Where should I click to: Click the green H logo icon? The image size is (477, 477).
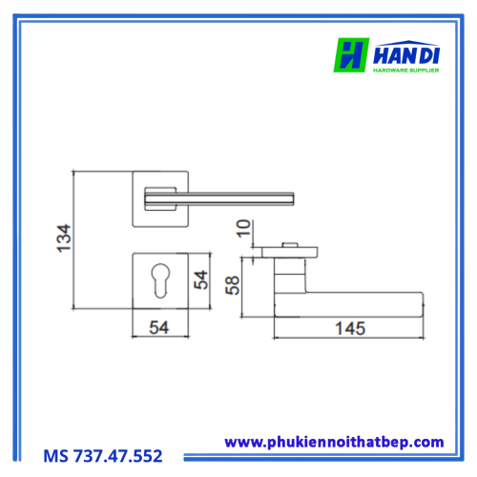point(351,55)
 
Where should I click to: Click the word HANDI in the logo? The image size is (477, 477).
point(406,55)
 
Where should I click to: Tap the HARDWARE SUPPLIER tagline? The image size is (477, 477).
point(406,71)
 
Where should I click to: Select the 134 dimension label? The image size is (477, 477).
point(63,238)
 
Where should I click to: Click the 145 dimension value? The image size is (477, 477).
point(350,328)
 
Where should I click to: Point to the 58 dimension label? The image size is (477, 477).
point(232,285)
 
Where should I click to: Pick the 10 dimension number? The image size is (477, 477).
point(243,228)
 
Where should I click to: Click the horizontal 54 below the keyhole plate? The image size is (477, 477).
point(158,327)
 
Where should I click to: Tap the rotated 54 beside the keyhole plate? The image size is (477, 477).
point(200,280)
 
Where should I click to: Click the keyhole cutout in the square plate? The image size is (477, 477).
point(160,280)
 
